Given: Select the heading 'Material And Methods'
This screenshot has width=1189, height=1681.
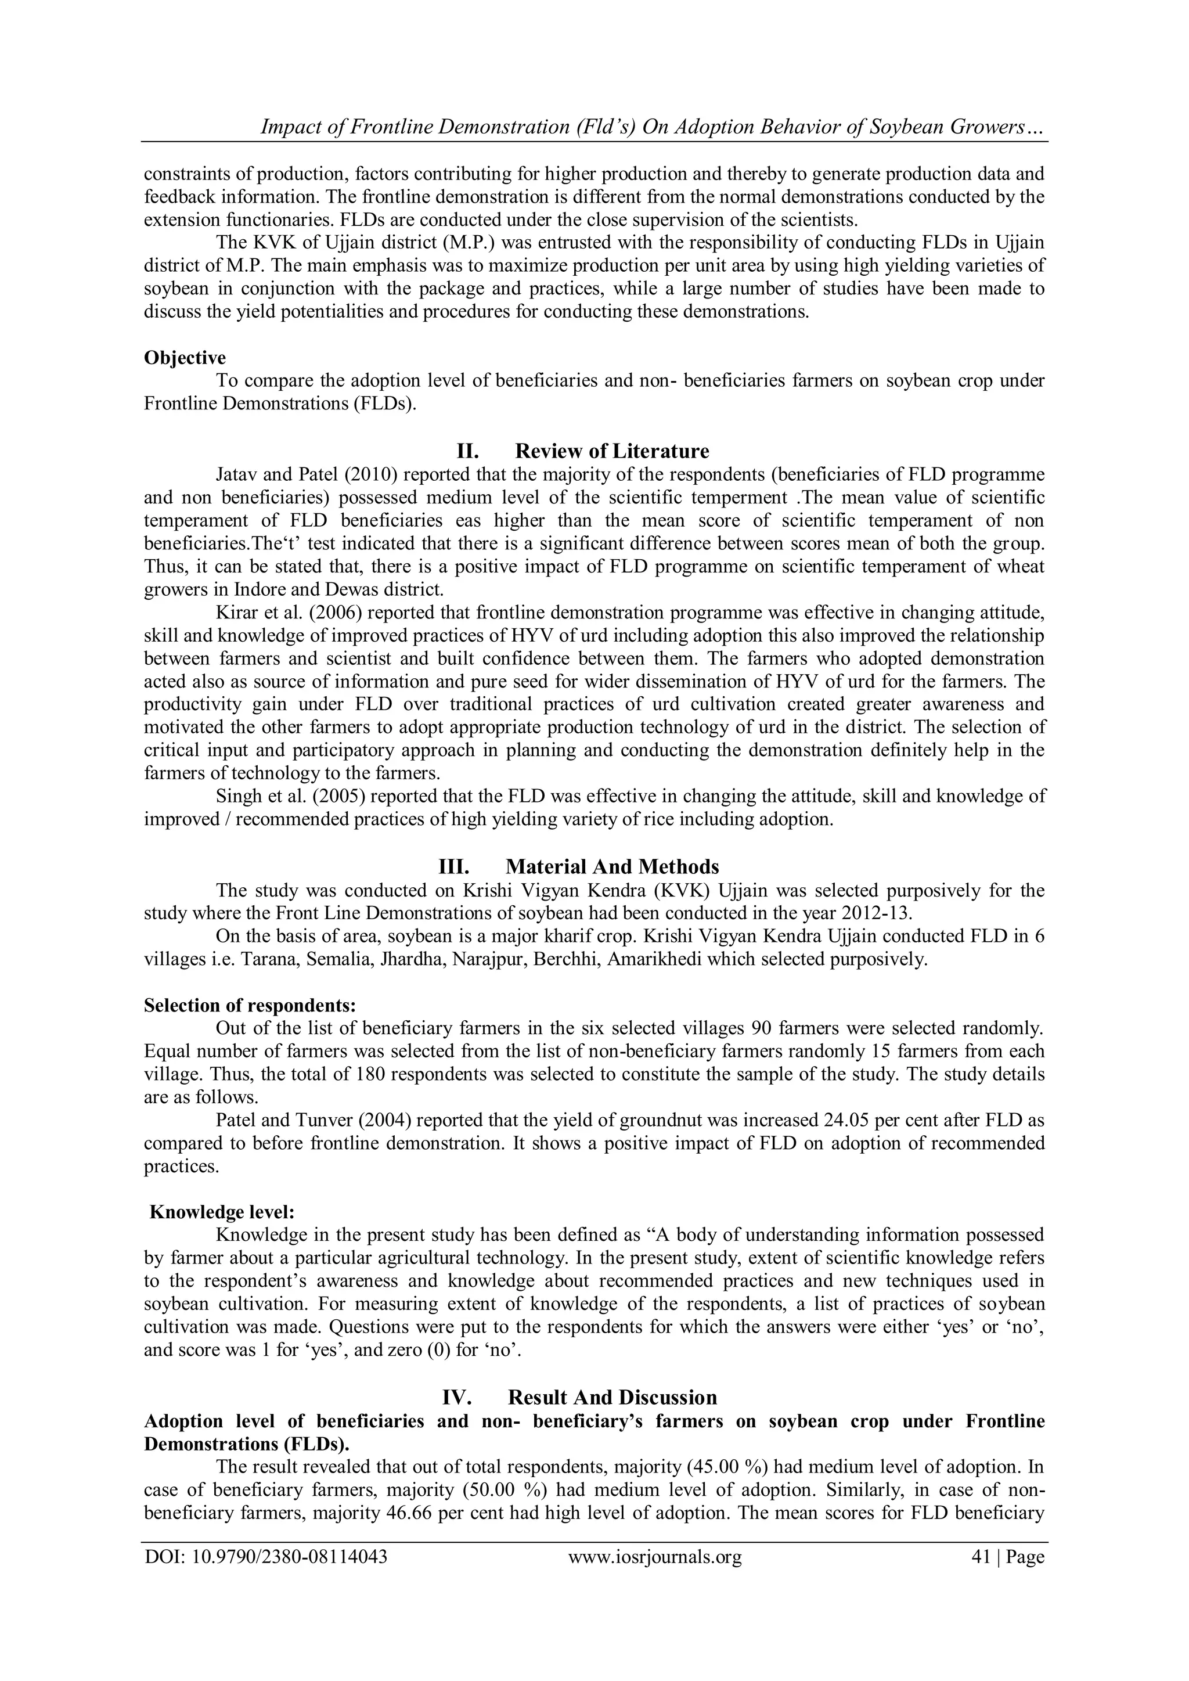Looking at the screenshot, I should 611,867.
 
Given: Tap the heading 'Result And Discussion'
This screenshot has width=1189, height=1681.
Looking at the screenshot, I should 611,1398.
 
